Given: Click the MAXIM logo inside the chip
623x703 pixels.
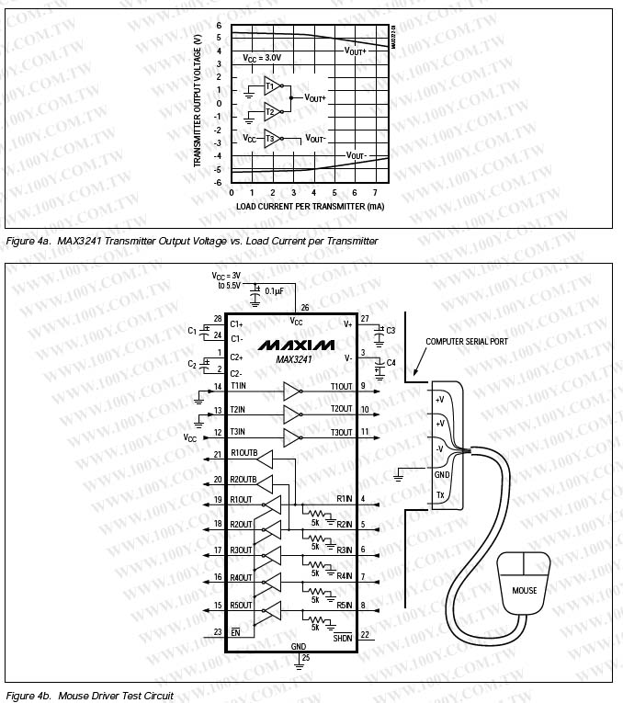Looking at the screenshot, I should coord(296,345).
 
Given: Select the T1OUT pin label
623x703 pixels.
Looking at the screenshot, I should coord(341,386).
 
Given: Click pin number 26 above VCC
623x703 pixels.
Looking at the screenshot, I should coord(304,307).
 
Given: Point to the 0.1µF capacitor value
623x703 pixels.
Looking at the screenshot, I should coord(274,290).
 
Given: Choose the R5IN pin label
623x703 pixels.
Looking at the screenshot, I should coord(345,606).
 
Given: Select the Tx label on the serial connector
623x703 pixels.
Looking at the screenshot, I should coord(441,495).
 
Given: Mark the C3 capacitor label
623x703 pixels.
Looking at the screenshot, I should coord(391,330).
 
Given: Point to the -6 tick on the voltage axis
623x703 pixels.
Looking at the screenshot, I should coord(219,183).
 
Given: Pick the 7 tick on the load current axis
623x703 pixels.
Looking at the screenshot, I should coord(375,193).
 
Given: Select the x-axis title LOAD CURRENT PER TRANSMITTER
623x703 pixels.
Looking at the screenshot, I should coord(310,207).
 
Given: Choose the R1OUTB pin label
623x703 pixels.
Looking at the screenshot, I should coord(244,454).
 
